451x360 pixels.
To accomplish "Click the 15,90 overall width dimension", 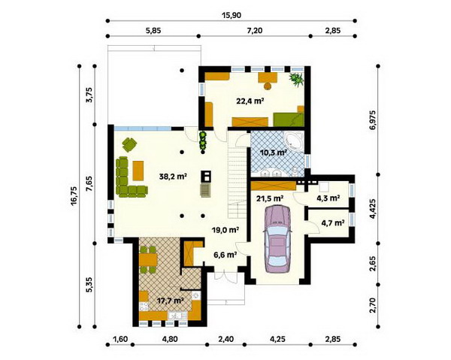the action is click(x=232, y=15).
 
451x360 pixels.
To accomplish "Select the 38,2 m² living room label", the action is click(x=173, y=177).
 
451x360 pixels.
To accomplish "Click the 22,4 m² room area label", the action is click(x=250, y=101).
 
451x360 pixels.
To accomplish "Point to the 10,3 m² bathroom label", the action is click(x=273, y=153).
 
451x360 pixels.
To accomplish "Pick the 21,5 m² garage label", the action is click(x=270, y=198).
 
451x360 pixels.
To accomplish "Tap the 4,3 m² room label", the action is click(x=328, y=198).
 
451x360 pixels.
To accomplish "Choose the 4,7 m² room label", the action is click(x=333, y=222).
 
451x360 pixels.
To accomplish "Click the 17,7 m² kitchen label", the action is click(x=171, y=301).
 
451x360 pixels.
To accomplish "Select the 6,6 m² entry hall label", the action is click(x=225, y=254).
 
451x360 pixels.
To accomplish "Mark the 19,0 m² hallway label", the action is click(x=225, y=230).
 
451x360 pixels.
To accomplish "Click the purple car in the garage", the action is click(x=277, y=239).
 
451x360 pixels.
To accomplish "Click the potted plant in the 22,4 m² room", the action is click(x=296, y=80).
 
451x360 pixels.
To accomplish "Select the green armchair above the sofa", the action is click(x=129, y=144).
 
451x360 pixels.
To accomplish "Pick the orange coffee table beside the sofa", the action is click(x=138, y=171).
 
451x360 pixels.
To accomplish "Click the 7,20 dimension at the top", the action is click(x=255, y=31).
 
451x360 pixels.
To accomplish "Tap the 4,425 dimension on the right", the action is click(x=373, y=208).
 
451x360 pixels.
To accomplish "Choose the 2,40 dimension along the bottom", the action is click(x=225, y=339).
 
